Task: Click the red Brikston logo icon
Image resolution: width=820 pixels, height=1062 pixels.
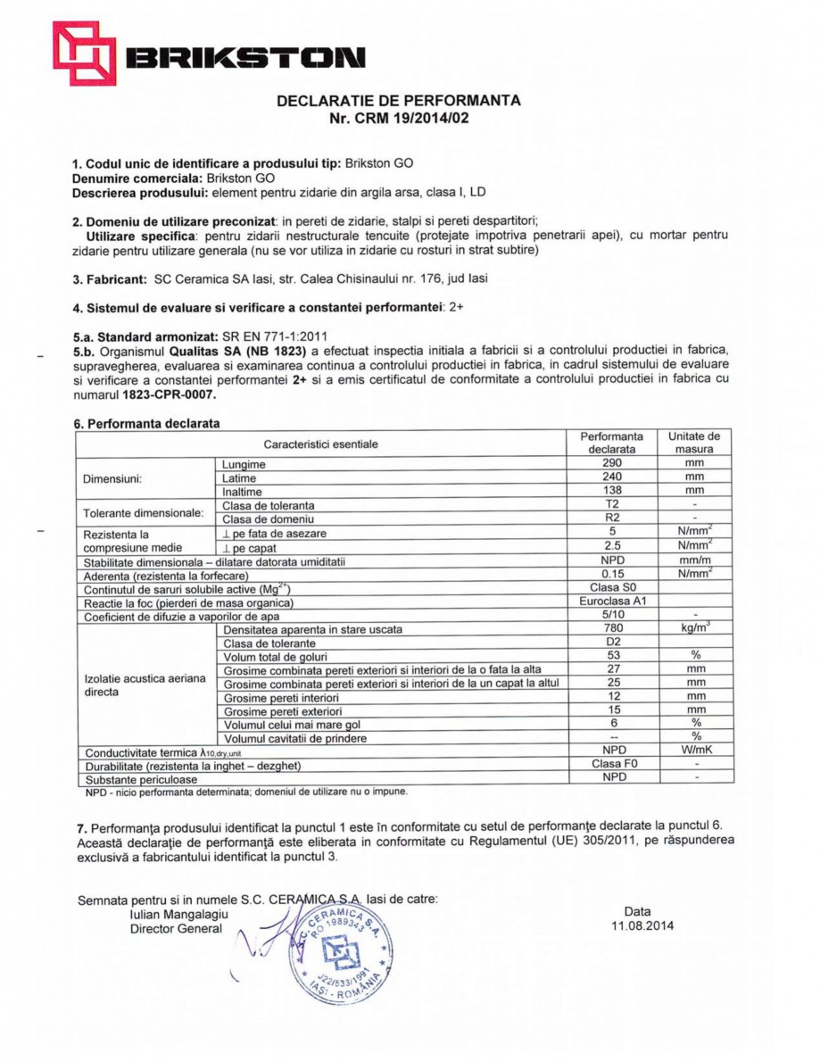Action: point(85,53)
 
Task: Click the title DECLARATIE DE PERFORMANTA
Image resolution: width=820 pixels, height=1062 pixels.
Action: point(399,101)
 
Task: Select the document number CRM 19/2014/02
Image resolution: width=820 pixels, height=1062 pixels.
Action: point(411,118)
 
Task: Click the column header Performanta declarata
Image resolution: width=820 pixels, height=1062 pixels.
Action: point(611,443)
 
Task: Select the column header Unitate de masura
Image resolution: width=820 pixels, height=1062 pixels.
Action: point(694,443)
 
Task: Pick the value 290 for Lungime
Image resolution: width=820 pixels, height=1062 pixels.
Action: point(611,464)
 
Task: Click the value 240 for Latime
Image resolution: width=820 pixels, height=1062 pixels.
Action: point(611,477)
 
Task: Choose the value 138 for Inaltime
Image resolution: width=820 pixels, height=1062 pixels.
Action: point(611,491)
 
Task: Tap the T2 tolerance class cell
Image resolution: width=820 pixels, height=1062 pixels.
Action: point(611,504)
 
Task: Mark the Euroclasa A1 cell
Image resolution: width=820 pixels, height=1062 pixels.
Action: point(611,602)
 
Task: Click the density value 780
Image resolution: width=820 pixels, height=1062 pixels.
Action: point(611,628)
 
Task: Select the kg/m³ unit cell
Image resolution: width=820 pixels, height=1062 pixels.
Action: point(694,628)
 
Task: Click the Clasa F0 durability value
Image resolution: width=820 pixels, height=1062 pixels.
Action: point(611,764)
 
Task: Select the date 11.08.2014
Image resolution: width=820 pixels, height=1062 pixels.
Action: point(642,925)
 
